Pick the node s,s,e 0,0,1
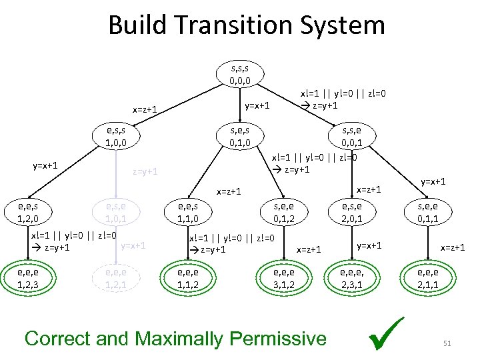click(x=352, y=136)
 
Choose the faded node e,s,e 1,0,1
click(x=111, y=212)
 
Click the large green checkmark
click(x=388, y=335)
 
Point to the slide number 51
click(x=447, y=343)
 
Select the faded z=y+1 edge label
click(x=145, y=171)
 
